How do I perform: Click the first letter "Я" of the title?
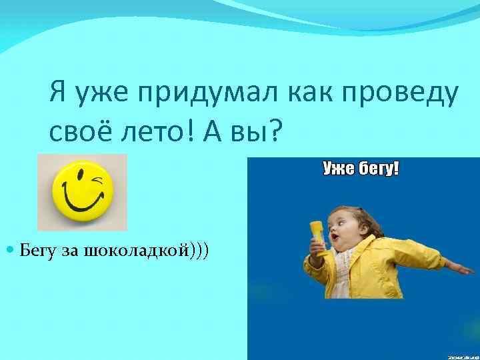click(x=57, y=95)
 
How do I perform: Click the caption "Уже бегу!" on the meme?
click(x=361, y=169)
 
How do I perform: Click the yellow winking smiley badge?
click(x=82, y=192)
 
